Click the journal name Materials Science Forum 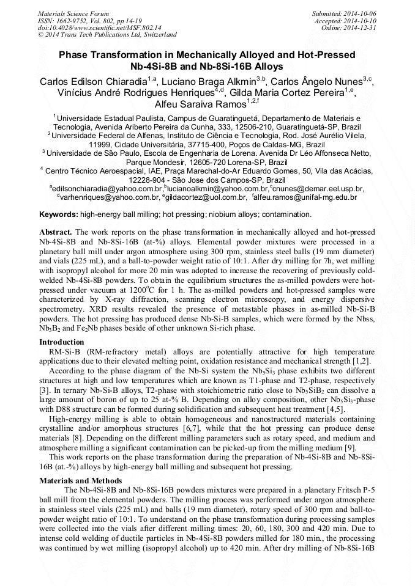coord(73,13)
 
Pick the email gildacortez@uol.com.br coord(204,197)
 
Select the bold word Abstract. coord(56,232)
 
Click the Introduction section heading coord(62,342)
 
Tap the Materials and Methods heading coord(80,481)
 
